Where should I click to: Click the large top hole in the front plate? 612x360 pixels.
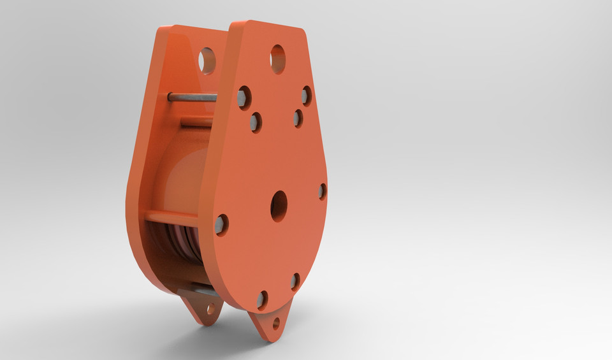click(x=278, y=59)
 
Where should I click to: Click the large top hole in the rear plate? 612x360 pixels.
click(x=207, y=61)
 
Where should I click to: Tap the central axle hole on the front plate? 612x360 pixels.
click(x=279, y=206)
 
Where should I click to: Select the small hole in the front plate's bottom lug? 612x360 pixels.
click(x=275, y=323)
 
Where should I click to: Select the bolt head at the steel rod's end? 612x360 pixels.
click(x=242, y=98)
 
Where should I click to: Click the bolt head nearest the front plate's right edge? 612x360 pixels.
click(x=322, y=191)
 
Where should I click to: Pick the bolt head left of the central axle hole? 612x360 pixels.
click(x=220, y=224)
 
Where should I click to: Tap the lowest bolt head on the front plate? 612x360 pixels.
click(x=261, y=299)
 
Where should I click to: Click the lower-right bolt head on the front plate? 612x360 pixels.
click(x=295, y=280)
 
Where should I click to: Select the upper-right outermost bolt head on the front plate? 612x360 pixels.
click(x=306, y=96)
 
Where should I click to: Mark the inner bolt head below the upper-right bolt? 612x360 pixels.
click(x=298, y=118)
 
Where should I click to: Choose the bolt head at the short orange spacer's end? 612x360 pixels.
click(x=254, y=122)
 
